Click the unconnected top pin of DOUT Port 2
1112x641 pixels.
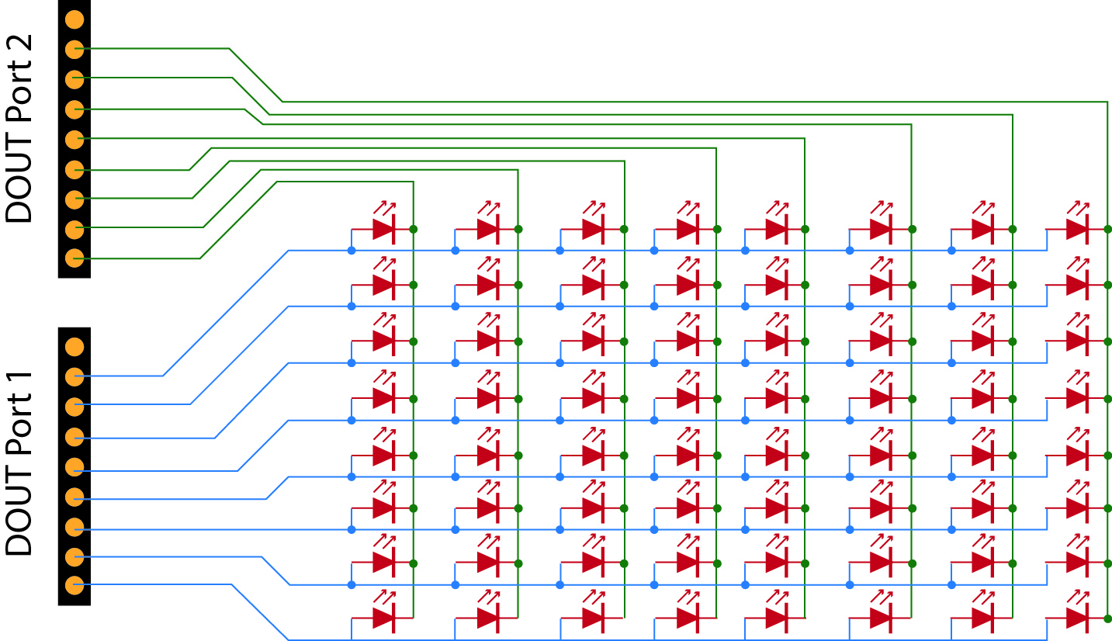74,19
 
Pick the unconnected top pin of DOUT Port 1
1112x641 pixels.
74,347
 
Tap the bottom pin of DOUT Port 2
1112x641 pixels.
74,258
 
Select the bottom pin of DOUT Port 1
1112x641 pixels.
74,585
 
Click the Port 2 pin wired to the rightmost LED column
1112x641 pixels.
74,49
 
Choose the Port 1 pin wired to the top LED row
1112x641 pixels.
74,376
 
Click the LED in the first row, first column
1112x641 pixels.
384,229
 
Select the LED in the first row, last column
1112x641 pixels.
1077,229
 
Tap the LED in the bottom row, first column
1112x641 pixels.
384,618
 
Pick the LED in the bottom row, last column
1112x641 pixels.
1077,618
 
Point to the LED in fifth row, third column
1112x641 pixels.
594,455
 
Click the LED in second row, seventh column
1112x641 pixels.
982,285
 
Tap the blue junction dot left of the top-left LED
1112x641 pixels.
352,250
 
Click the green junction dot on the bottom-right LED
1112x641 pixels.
1107,618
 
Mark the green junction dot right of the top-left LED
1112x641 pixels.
414,229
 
